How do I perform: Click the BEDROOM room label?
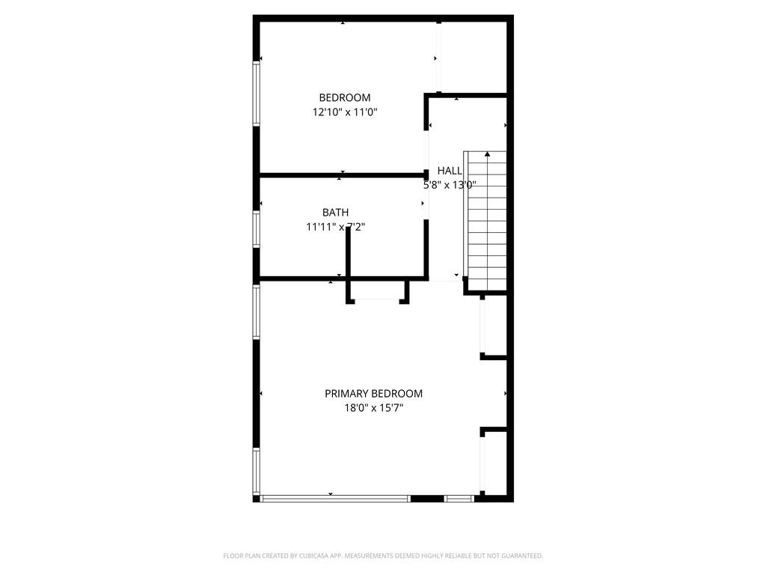click(344, 97)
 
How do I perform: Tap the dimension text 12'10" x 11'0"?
click(344, 112)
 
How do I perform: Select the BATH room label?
click(335, 213)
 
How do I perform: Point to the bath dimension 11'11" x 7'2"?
click(335, 228)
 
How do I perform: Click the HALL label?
click(450, 171)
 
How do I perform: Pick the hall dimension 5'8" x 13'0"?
click(450, 185)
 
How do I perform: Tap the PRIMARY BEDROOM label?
click(373, 393)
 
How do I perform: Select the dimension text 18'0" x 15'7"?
click(373, 408)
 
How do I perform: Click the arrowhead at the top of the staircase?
click(488, 154)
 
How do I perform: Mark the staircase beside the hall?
click(486, 217)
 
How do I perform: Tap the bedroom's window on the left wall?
click(257, 94)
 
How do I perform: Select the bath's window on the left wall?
click(257, 229)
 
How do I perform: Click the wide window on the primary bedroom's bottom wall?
click(335, 498)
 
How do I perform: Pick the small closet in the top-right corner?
click(474, 57)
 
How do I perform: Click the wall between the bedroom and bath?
click(340, 175)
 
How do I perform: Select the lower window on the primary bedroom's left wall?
click(257, 471)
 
